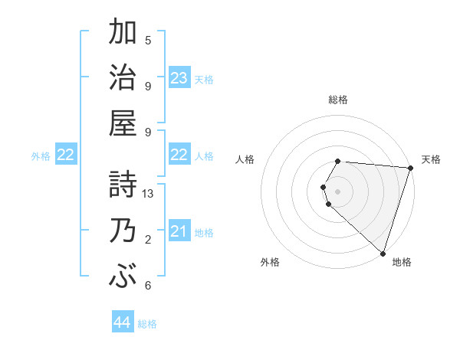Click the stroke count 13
click(148, 194)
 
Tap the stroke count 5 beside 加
click(148, 41)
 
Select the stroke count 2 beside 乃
click(148, 240)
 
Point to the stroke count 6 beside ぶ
click(148, 286)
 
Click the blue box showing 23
click(179, 78)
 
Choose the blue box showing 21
click(179, 231)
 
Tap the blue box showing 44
click(122, 323)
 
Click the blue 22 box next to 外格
click(66, 155)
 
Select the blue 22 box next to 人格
click(179, 155)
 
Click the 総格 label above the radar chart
click(338, 100)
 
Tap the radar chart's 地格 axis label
click(402, 262)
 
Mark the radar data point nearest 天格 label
click(410, 169)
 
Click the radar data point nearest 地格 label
click(383, 253)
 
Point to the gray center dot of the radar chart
click(338, 191)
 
